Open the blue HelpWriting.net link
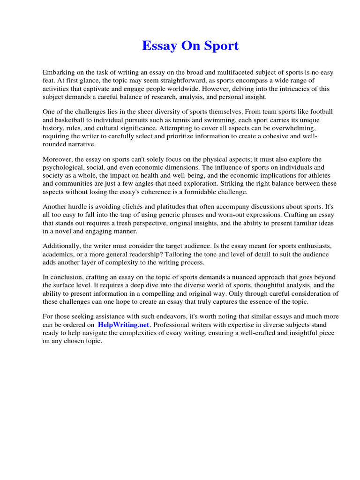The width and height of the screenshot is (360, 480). [x=123, y=325]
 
